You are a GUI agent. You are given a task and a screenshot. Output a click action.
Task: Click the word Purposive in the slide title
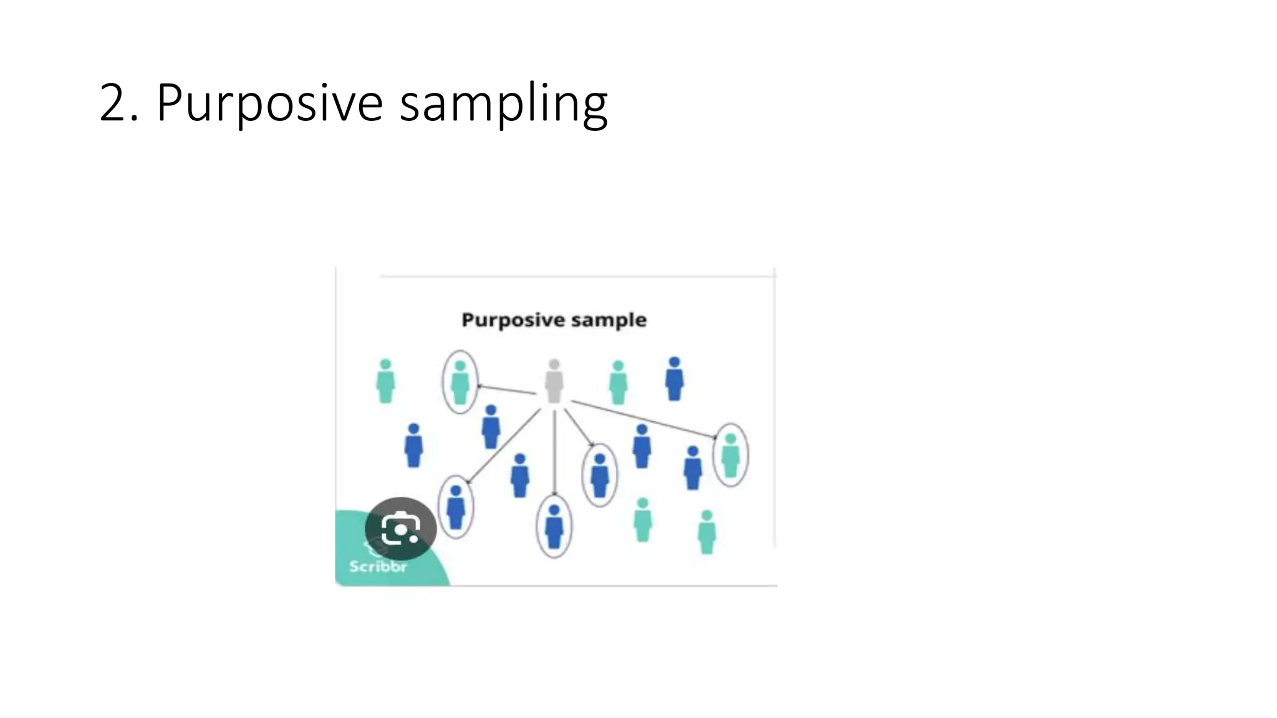click(269, 103)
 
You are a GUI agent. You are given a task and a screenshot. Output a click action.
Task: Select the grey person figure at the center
click(554, 381)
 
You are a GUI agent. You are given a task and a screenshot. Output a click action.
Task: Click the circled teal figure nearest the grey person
click(460, 383)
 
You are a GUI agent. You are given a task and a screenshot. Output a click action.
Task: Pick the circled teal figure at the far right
click(730, 456)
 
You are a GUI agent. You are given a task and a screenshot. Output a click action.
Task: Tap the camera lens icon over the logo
click(400, 529)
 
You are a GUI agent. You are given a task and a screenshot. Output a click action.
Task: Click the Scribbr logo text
click(378, 567)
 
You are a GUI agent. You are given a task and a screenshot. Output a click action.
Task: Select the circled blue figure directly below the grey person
click(554, 527)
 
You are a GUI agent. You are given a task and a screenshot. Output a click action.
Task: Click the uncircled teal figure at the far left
click(385, 381)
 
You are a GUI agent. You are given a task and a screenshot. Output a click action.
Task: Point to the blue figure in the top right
click(674, 379)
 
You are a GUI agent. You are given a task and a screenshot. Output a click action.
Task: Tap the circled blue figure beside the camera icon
click(456, 507)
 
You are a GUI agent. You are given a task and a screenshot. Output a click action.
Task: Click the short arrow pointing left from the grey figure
click(506, 390)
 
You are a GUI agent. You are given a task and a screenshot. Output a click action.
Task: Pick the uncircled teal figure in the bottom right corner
click(706, 532)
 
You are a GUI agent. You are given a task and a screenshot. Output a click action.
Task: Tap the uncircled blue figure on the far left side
click(413, 446)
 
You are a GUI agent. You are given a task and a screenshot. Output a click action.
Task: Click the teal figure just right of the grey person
click(618, 383)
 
